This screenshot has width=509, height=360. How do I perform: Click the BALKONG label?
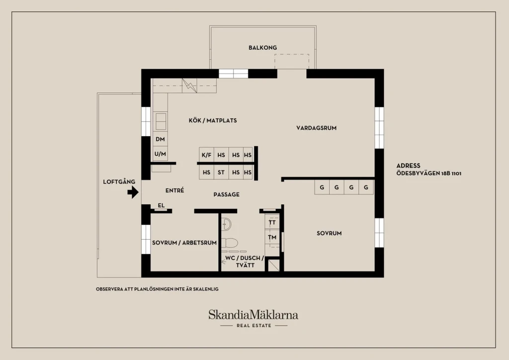coord(262,48)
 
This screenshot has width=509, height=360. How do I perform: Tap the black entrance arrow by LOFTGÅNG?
coord(133,192)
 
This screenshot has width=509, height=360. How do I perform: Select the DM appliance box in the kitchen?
coord(160,139)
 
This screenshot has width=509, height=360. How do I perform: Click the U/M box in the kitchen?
coord(160,154)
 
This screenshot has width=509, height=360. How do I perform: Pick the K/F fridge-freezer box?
coord(206,155)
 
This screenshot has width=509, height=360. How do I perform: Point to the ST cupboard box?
coord(221,173)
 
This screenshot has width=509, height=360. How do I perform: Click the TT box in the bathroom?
coord(272,222)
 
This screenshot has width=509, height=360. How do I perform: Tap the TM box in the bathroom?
coord(272,237)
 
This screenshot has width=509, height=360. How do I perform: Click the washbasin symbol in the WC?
coord(226,224)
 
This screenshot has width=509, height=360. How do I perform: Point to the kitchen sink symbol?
coord(161,121)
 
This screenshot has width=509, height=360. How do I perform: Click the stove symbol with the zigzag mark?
coord(189,86)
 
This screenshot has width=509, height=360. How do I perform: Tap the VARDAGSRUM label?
coord(316,128)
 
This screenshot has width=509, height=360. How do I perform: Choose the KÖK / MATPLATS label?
coord(213,120)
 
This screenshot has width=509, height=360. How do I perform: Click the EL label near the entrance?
coord(161,205)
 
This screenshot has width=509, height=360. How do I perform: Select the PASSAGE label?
coord(227,194)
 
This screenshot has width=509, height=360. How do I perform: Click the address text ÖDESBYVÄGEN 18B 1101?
coord(428,174)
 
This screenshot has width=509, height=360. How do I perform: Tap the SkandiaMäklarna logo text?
coord(253,315)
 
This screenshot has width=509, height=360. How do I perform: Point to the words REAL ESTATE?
coord(254,326)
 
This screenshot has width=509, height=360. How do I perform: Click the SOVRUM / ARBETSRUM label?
coord(184,243)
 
